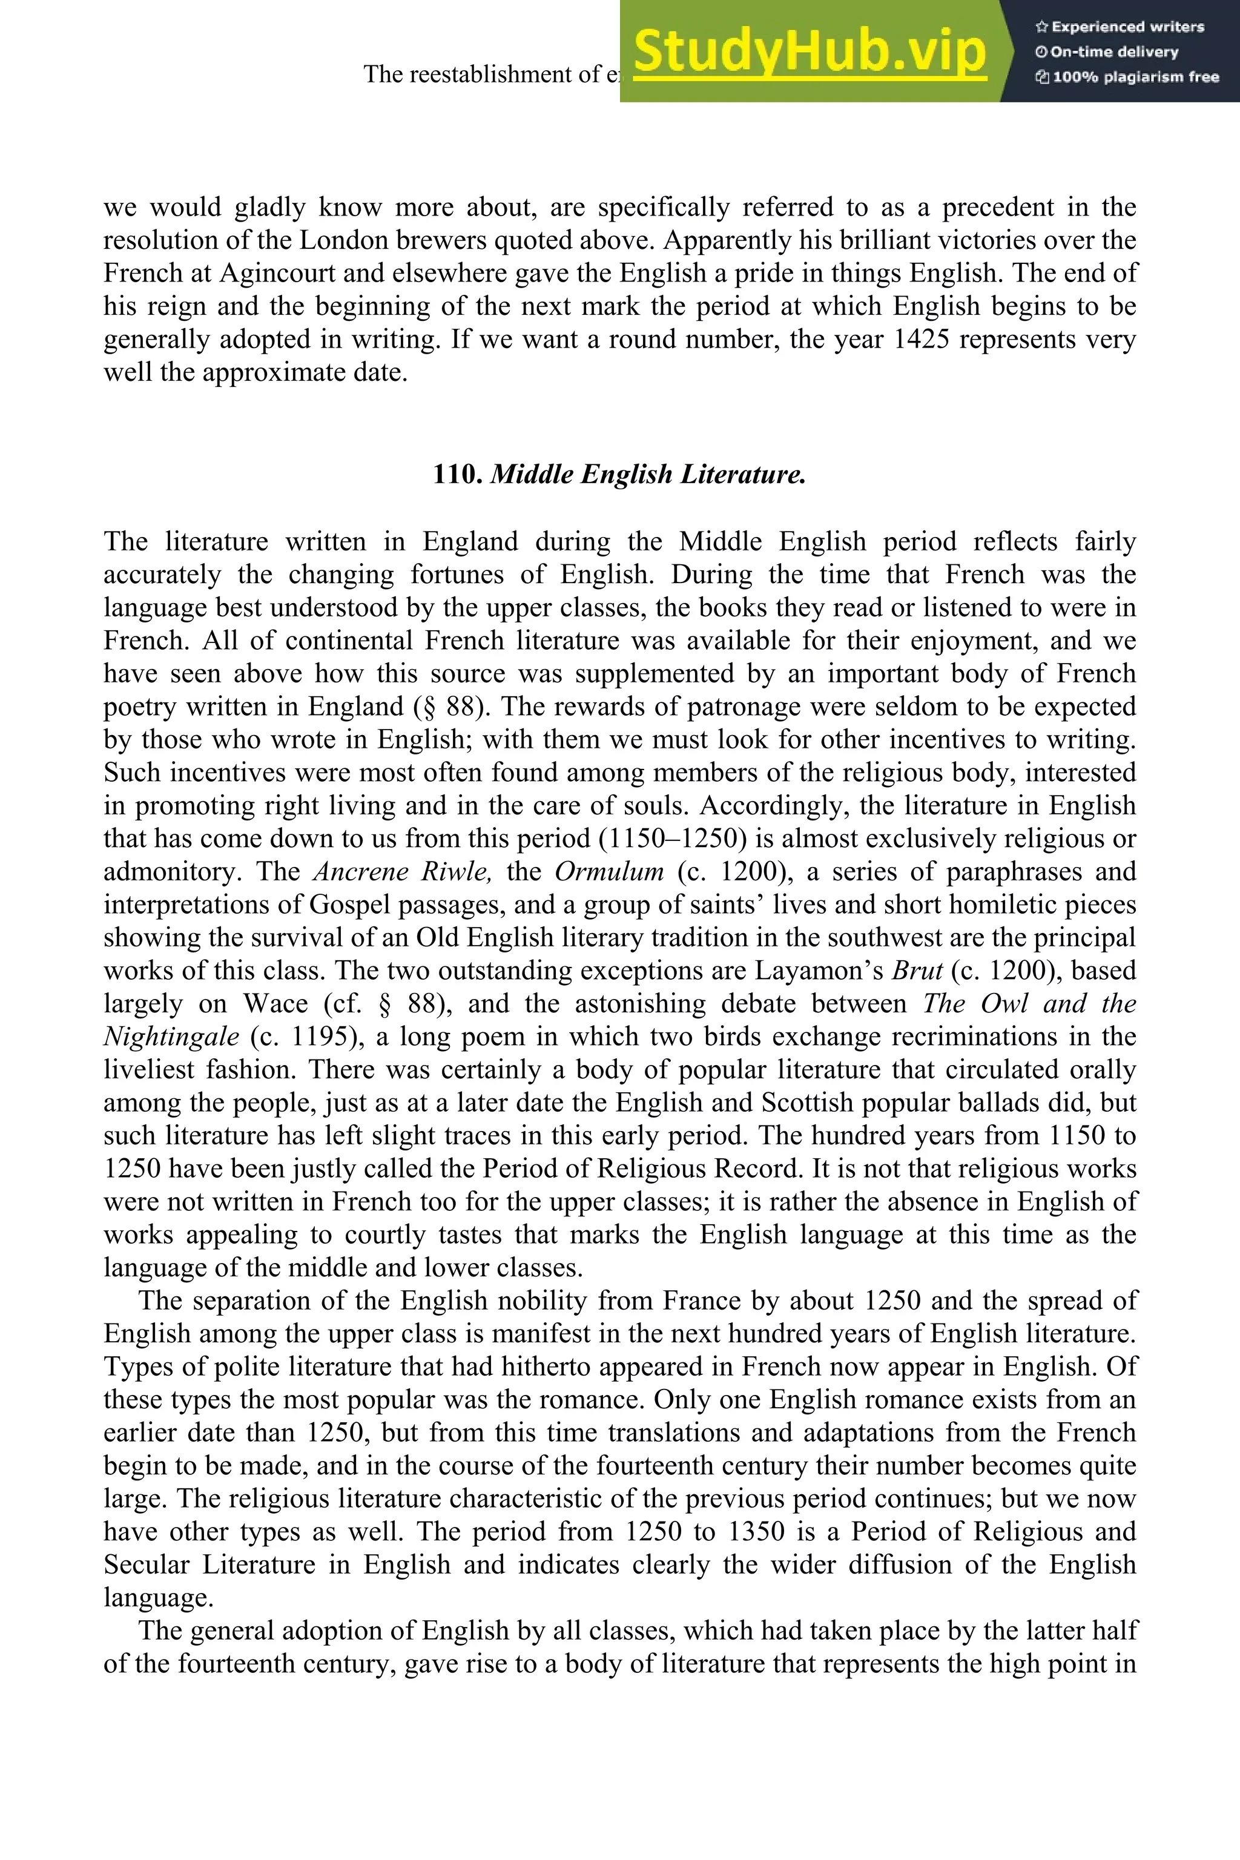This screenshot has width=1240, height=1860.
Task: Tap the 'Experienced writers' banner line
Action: click(x=1119, y=27)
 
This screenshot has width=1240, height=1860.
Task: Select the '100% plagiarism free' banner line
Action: click(x=1127, y=77)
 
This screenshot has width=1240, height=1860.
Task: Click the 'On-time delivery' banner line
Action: click(x=1107, y=52)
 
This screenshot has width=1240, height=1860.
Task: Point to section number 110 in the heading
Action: click(x=458, y=475)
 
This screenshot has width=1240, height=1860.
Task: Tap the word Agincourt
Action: click(x=265, y=273)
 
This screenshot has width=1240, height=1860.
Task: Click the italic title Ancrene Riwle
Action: click(x=403, y=871)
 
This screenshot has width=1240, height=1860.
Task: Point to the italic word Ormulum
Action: click(x=609, y=871)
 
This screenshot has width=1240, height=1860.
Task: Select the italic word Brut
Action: click(x=917, y=971)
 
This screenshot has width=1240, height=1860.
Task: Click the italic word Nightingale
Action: click(x=171, y=1037)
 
